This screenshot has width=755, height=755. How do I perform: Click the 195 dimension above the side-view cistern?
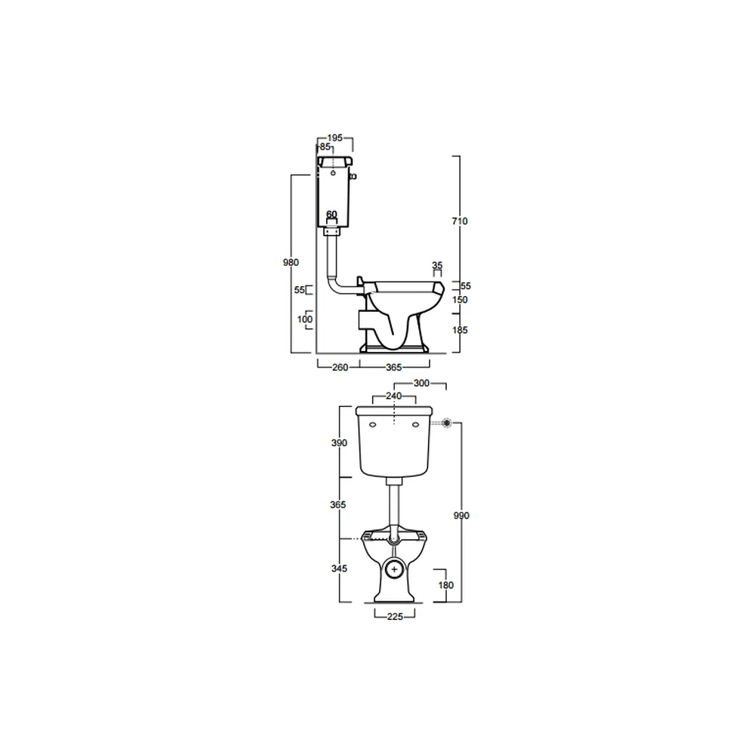pos(334,137)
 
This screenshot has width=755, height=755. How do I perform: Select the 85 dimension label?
pos(325,147)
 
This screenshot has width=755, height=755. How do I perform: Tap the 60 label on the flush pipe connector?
pos(331,214)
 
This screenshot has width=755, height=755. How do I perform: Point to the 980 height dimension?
pos(291,263)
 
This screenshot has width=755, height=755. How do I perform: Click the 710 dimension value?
pos(460,221)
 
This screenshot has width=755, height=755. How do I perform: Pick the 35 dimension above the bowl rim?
pos(437,265)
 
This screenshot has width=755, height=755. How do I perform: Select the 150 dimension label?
pos(460,300)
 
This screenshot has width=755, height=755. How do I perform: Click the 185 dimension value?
pos(460,330)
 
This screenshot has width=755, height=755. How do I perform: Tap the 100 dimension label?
pos(305,319)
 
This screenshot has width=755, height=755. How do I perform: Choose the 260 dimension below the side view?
pos(340,368)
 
